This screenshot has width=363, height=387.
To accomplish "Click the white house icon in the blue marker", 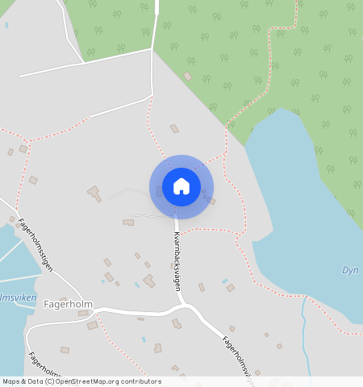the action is coord(181,187).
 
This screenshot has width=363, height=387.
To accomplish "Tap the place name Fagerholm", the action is coord(68,305).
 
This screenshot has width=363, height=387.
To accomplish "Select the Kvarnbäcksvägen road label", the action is coord(177,261).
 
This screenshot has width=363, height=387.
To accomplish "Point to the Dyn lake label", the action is coord(350,271).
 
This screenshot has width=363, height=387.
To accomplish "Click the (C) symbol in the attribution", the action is coord(52,381).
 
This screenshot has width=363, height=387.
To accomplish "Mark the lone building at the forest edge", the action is coord(188,76).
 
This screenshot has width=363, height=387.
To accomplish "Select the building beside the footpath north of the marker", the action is coord(174,128).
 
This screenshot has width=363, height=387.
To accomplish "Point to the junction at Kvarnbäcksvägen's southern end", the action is coord(183,306).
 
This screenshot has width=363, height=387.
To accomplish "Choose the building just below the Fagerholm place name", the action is coord(83,313).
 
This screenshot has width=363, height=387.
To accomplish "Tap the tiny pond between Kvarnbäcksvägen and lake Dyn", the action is coord(224,281).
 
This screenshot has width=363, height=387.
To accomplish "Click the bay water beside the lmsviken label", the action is coord(10,331).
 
